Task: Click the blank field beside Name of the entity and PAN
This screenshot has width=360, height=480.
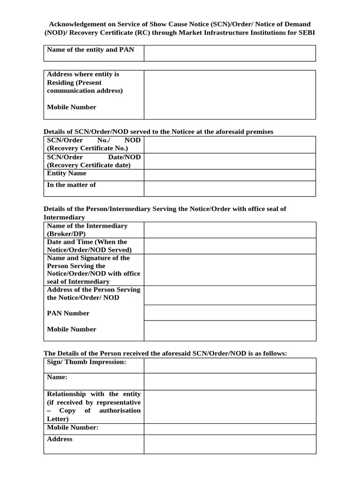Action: coord(230,53)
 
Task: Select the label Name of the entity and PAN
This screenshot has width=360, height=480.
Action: coord(90,50)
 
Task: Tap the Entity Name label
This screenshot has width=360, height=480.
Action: coord(67,173)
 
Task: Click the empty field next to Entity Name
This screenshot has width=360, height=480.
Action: coord(230,175)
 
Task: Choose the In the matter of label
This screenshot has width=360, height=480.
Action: coord(71,185)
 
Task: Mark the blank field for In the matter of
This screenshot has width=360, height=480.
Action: coord(230,188)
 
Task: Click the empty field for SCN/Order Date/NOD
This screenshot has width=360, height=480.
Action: coord(230,161)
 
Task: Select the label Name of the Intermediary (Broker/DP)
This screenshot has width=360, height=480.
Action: coord(87,230)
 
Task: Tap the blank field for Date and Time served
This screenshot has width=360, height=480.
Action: coord(230,246)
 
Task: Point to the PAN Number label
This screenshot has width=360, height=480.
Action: coord(68,313)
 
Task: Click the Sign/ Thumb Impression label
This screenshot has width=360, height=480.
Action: coord(87,362)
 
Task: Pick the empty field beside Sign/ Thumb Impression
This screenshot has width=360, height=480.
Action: coord(230,366)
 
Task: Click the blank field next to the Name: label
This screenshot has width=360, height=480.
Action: coord(230,382)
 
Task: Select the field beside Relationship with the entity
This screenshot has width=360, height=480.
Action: coord(230,406)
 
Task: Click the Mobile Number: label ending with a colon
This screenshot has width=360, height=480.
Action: coord(73,427)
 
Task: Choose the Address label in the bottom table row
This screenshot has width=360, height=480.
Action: coord(60,439)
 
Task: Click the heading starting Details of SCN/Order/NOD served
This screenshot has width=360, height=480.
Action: coord(158,132)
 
